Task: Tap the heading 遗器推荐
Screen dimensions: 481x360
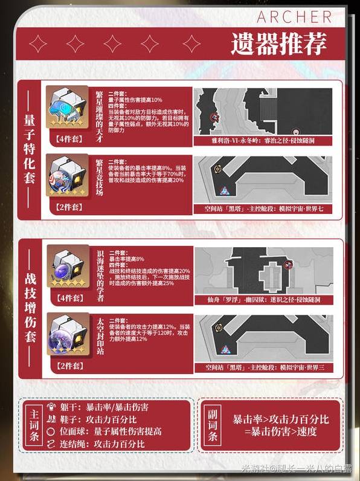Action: [x=278, y=43]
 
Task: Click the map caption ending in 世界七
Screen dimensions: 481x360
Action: [x=263, y=208]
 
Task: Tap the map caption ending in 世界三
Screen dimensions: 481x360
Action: [x=263, y=367]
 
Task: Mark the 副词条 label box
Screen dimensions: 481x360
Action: [x=213, y=426]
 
